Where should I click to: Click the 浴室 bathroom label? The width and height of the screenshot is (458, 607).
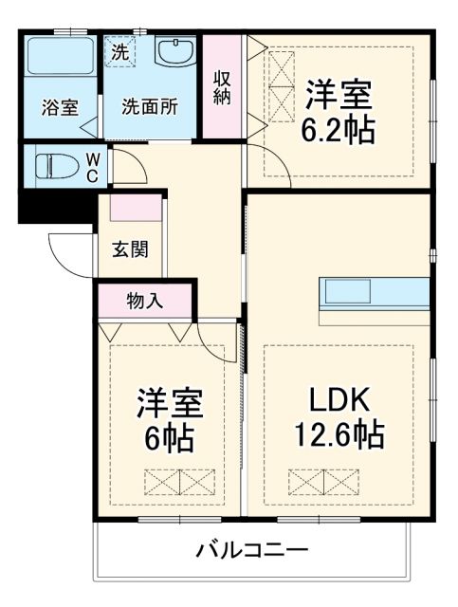(x=59, y=107)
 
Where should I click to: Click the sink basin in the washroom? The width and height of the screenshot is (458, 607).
(x=174, y=54)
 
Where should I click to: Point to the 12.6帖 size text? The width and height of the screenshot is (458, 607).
(x=337, y=435)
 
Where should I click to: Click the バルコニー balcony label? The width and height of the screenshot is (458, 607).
(x=252, y=549)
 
